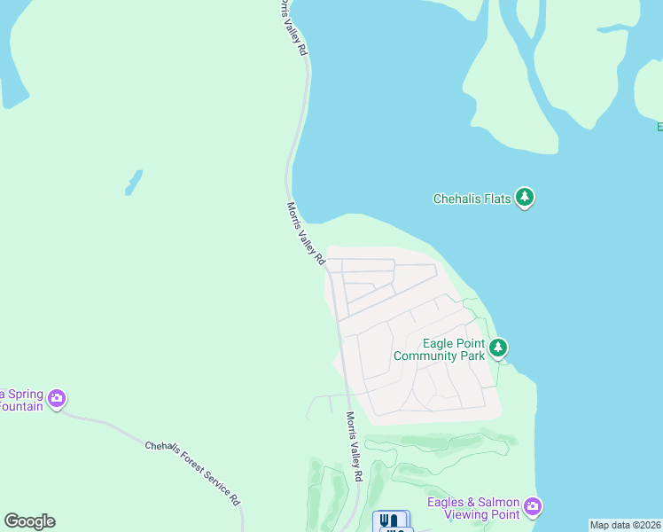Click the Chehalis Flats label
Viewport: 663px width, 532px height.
[472, 199]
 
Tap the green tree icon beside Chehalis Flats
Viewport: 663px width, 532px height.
[525, 198]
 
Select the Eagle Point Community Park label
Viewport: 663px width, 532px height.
[440, 349]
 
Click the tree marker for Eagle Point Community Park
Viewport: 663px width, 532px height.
[499, 347]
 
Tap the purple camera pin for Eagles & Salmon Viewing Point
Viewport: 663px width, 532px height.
[532, 506]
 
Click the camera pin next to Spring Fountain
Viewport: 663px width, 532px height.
[57, 398]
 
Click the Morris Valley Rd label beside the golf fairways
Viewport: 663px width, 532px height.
[355, 447]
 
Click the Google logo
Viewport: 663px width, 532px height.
[29, 521]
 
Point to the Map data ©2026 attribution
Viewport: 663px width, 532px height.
[625, 525]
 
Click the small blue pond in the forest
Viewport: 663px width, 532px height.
[133, 182]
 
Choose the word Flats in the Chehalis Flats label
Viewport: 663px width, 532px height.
[497, 199]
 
